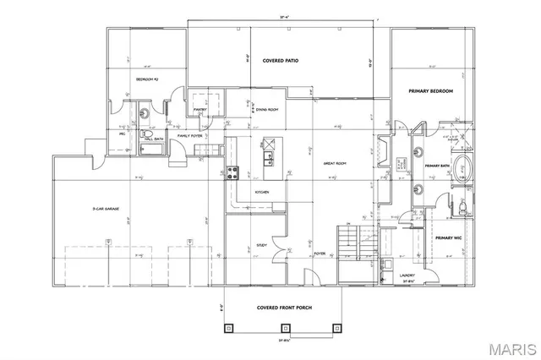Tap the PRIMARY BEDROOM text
(x=431, y=90)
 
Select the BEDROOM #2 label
(x=148, y=79)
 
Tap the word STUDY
(x=261, y=246)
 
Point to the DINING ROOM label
(x=267, y=110)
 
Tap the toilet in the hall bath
(x=144, y=134)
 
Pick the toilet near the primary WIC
(x=464, y=205)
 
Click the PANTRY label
(x=200, y=109)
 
